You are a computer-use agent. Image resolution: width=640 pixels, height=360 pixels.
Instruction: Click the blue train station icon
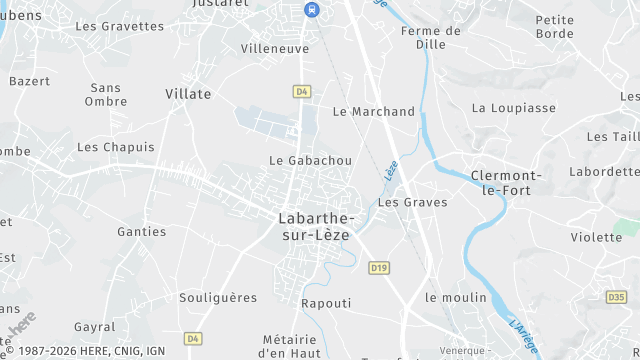coord(311,9)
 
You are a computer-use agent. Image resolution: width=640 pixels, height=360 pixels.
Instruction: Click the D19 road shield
coord(378,268)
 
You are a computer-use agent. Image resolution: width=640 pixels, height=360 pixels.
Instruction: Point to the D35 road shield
coord(616,297)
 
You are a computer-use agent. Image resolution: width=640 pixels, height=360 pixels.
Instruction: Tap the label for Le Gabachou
coord(311,160)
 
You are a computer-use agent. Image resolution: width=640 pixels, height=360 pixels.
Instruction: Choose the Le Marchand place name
coord(373,112)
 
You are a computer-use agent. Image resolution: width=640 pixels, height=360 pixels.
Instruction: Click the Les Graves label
coord(413,202)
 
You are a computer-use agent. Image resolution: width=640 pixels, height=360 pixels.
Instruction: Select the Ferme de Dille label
coord(430,38)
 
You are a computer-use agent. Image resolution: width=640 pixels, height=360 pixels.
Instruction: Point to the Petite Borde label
coord(555,26)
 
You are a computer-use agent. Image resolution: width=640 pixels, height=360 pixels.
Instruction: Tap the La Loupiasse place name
coord(514,108)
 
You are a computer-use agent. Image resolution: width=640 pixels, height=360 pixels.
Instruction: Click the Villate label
coord(188,94)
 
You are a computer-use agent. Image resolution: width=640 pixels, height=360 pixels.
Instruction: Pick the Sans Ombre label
coord(106,94)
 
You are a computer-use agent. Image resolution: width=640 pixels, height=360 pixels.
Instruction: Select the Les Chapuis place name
coord(116,147)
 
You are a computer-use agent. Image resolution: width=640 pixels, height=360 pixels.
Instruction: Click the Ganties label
coord(142,232)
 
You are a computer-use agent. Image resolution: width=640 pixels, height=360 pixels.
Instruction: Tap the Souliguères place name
coord(218,297)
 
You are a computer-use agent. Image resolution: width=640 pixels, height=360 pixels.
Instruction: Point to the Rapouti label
coord(326,303)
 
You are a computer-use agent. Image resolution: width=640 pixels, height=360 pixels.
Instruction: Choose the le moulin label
coord(456,298)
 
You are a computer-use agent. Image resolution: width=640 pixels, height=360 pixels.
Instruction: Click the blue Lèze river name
coord(391,171)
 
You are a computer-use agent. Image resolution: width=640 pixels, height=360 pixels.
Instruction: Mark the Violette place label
coord(596,237)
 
